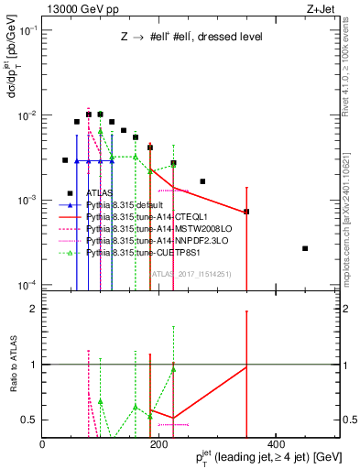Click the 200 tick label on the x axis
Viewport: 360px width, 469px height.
pyautogui.click(x=159, y=444)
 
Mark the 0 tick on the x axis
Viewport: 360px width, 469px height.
pyautogui.click(x=43, y=444)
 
